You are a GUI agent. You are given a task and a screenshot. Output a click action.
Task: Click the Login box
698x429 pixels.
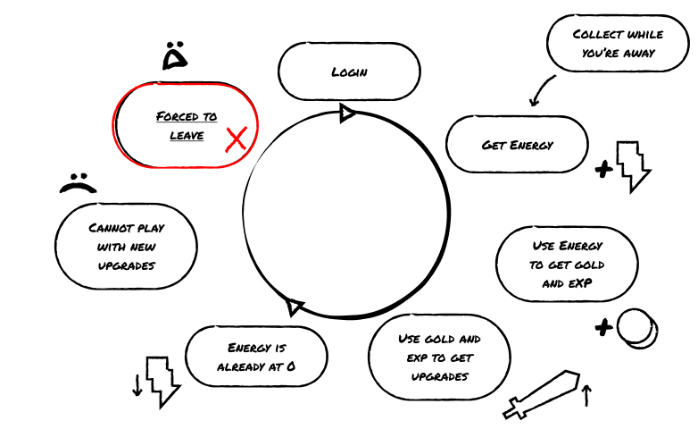349,71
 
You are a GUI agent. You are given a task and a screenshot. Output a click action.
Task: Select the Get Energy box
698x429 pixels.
517,144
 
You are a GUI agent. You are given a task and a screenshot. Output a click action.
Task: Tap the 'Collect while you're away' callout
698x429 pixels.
618,43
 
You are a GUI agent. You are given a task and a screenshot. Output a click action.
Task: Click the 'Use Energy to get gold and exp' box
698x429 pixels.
567,264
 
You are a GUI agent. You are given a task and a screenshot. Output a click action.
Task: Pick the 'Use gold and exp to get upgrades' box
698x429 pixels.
439,357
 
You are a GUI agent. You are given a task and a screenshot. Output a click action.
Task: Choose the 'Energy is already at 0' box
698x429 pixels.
256,357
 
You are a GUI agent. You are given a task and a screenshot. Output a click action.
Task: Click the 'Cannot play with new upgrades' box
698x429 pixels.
126,247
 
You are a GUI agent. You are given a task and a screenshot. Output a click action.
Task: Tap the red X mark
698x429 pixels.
237,139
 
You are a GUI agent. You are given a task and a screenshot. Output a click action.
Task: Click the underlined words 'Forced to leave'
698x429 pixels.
186,126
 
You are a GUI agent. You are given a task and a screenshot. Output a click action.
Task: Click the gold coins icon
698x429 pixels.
637,327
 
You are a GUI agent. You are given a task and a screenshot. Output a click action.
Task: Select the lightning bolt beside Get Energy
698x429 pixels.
634,165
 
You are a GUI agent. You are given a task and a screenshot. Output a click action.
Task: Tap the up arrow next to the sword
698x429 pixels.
586,395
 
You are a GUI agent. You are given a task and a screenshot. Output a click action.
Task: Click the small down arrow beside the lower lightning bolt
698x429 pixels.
137,384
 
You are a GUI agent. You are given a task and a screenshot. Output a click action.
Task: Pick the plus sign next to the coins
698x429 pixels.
604,328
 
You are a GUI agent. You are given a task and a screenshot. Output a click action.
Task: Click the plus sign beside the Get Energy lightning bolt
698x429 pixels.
604,167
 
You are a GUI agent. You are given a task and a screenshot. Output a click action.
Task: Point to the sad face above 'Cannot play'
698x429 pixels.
78,183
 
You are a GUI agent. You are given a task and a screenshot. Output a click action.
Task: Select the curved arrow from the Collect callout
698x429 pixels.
541,89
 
